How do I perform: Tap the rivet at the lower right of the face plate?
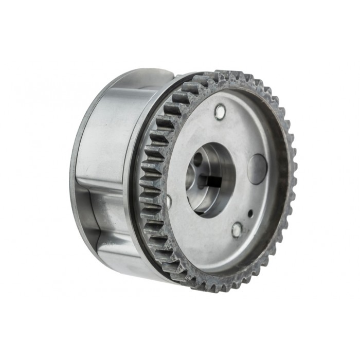[236, 229]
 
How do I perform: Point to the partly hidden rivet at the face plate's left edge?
[169, 201]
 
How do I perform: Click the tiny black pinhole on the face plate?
[250, 212]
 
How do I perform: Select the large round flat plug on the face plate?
[257, 169]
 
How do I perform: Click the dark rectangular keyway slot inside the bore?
[211, 181]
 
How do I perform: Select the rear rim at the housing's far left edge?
[73, 170]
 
